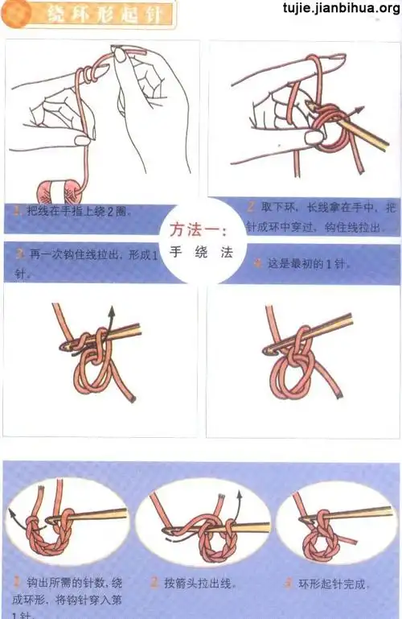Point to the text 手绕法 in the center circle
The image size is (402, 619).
[201, 252]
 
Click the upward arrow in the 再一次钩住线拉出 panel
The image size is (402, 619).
[111, 315]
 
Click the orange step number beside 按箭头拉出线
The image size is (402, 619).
[154, 582]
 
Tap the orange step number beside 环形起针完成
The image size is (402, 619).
[288, 582]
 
